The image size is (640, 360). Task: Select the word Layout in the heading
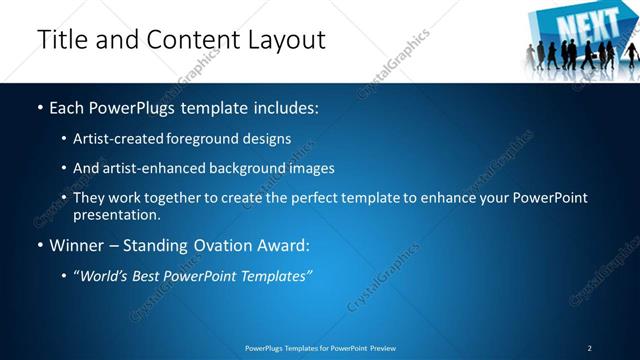coord(285,40)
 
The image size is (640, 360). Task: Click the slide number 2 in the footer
coord(590,348)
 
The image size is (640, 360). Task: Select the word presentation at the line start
coord(116,214)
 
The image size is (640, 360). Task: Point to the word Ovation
coord(223,244)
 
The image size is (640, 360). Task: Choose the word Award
coord(286,244)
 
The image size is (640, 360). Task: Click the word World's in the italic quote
coord(107,275)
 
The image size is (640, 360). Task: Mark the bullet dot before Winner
coord(40,245)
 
